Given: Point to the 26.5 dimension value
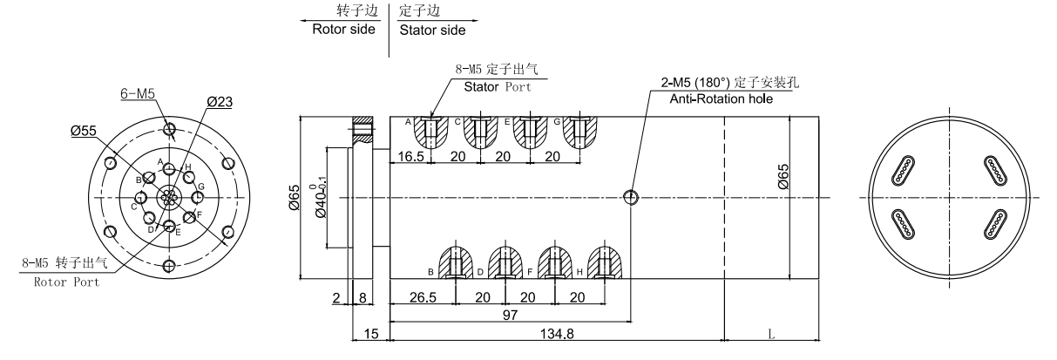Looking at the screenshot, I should coord(423,296).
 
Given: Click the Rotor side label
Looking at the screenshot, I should coord(343,29).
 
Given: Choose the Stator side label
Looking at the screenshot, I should coord(432,29).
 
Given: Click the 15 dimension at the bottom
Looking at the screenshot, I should coord(369,334).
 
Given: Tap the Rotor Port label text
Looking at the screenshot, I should coord(66,282).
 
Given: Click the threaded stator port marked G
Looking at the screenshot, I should coord(579,132).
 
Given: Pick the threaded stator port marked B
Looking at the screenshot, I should coord(455,262).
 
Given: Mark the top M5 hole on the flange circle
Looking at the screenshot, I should coord(170,131).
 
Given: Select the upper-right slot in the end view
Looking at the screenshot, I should coord(996,170).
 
